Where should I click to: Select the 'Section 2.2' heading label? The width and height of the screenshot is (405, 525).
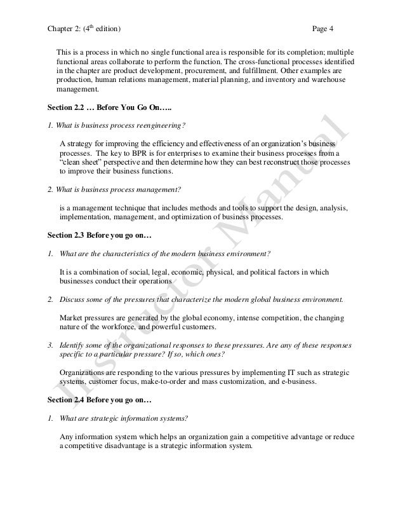pyautogui.click(x=65, y=106)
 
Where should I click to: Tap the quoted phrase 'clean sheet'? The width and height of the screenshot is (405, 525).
pyautogui.click(x=79, y=162)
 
